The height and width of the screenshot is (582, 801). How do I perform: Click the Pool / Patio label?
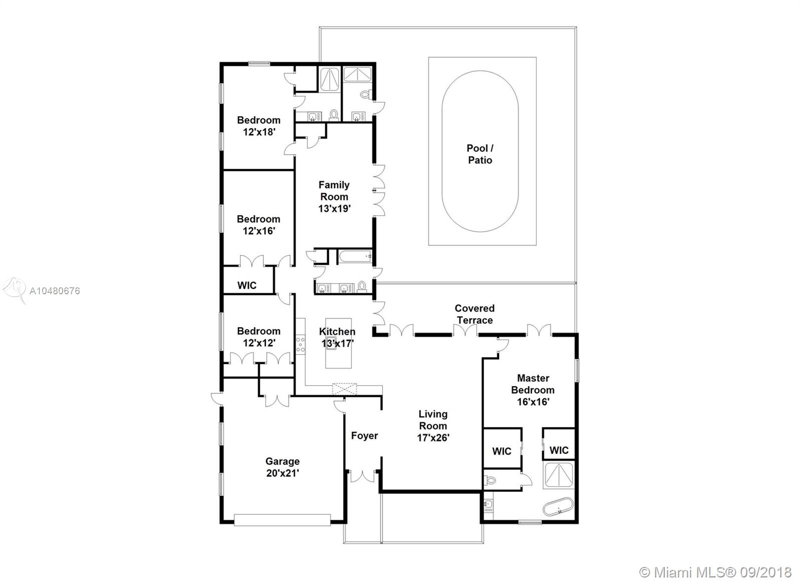click(x=480, y=154)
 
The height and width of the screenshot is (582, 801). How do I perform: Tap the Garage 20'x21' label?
click(x=282, y=467)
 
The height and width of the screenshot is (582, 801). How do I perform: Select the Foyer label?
click(x=364, y=435)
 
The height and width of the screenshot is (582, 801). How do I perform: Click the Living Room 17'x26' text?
click(x=433, y=426)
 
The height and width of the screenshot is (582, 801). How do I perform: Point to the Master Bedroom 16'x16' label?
click(x=533, y=390)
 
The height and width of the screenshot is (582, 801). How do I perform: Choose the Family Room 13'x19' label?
click(x=334, y=197)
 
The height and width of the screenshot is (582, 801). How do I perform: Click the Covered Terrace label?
click(x=475, y=314)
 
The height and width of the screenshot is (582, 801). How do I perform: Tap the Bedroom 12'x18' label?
click(x=258, y=126)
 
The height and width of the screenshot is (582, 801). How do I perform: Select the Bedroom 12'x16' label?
click(x=258, y=225)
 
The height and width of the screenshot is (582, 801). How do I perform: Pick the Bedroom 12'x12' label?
click(x=258, y=337)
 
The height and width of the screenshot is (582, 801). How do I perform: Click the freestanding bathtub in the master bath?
click(x=558, y=506)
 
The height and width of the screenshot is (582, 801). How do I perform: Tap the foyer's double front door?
click(x=362, y=476)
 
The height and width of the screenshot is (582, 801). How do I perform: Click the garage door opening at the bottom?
click(x=282, y=520)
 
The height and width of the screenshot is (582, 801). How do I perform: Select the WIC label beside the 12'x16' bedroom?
click(x=247, y=285)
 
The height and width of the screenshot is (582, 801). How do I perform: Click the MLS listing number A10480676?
click(x=55, y=291)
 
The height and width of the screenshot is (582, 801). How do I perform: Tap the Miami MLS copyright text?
click(x=715, y=572)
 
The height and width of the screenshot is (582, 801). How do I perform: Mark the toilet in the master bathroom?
click(x=490, y=480)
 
